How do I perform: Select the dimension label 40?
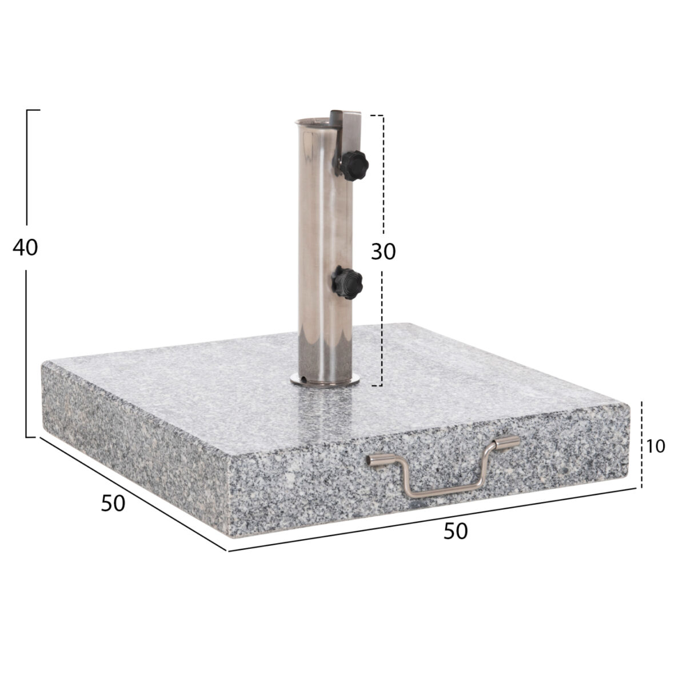pos(25,247)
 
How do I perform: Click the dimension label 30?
pos(383,251)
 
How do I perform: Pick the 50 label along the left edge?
pos(113,502)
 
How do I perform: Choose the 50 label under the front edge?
pos(455,531)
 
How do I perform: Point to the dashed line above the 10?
pos(642,417)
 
